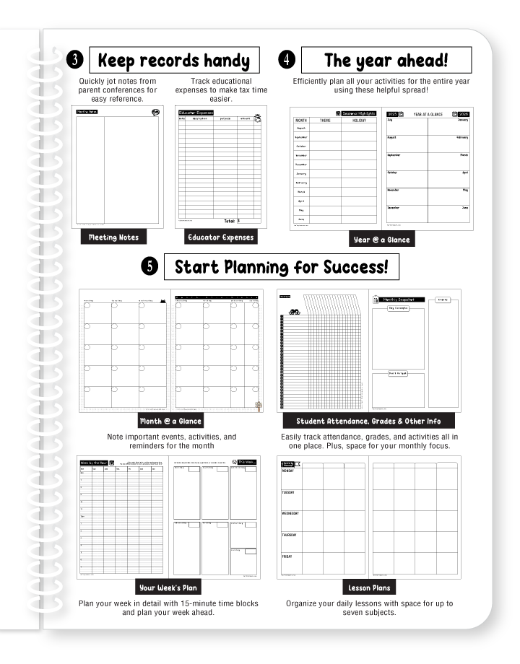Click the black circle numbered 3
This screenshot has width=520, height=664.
pos(75,61)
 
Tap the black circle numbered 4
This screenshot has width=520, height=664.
pos(286,60)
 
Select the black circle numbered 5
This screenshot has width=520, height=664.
pos(149,267)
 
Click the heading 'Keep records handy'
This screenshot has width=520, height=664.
pos(174,61)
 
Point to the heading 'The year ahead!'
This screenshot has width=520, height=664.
pos(386,60)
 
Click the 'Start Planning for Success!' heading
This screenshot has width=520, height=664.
pos(281,267)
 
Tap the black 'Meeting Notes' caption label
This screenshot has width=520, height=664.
pos(113,237)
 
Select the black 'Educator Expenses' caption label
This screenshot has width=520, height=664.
pos(220,237)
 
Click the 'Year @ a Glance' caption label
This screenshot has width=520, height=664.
pos(381,240)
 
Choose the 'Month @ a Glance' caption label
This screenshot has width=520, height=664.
pos(170,421)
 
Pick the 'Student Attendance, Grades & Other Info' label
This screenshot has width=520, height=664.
pos(368,421)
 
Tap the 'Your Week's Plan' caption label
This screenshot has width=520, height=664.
pos(168,587)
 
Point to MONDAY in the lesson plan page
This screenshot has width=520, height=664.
pos(288,471)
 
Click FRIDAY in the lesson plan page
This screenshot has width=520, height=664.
pos(287,557)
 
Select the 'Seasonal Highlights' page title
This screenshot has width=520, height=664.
pos(359,113)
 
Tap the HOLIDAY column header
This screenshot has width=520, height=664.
pos(359,121)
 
